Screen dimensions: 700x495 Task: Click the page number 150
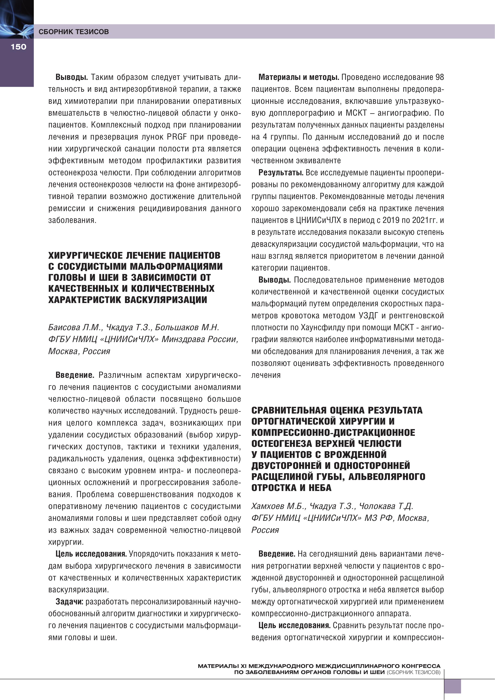coord(18,47)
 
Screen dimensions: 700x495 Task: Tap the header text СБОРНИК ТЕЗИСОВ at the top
coord(74,32)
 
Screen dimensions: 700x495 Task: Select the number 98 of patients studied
coord(439,77)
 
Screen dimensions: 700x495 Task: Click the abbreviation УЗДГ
coord(368,315)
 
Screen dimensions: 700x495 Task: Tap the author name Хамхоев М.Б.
coord(278,506)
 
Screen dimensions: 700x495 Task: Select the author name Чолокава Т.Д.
coord(386,506)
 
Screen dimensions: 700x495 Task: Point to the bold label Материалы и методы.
coord(299,77)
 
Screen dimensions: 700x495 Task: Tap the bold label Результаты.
coord(281,173)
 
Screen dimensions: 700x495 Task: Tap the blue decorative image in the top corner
coord(17,19)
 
